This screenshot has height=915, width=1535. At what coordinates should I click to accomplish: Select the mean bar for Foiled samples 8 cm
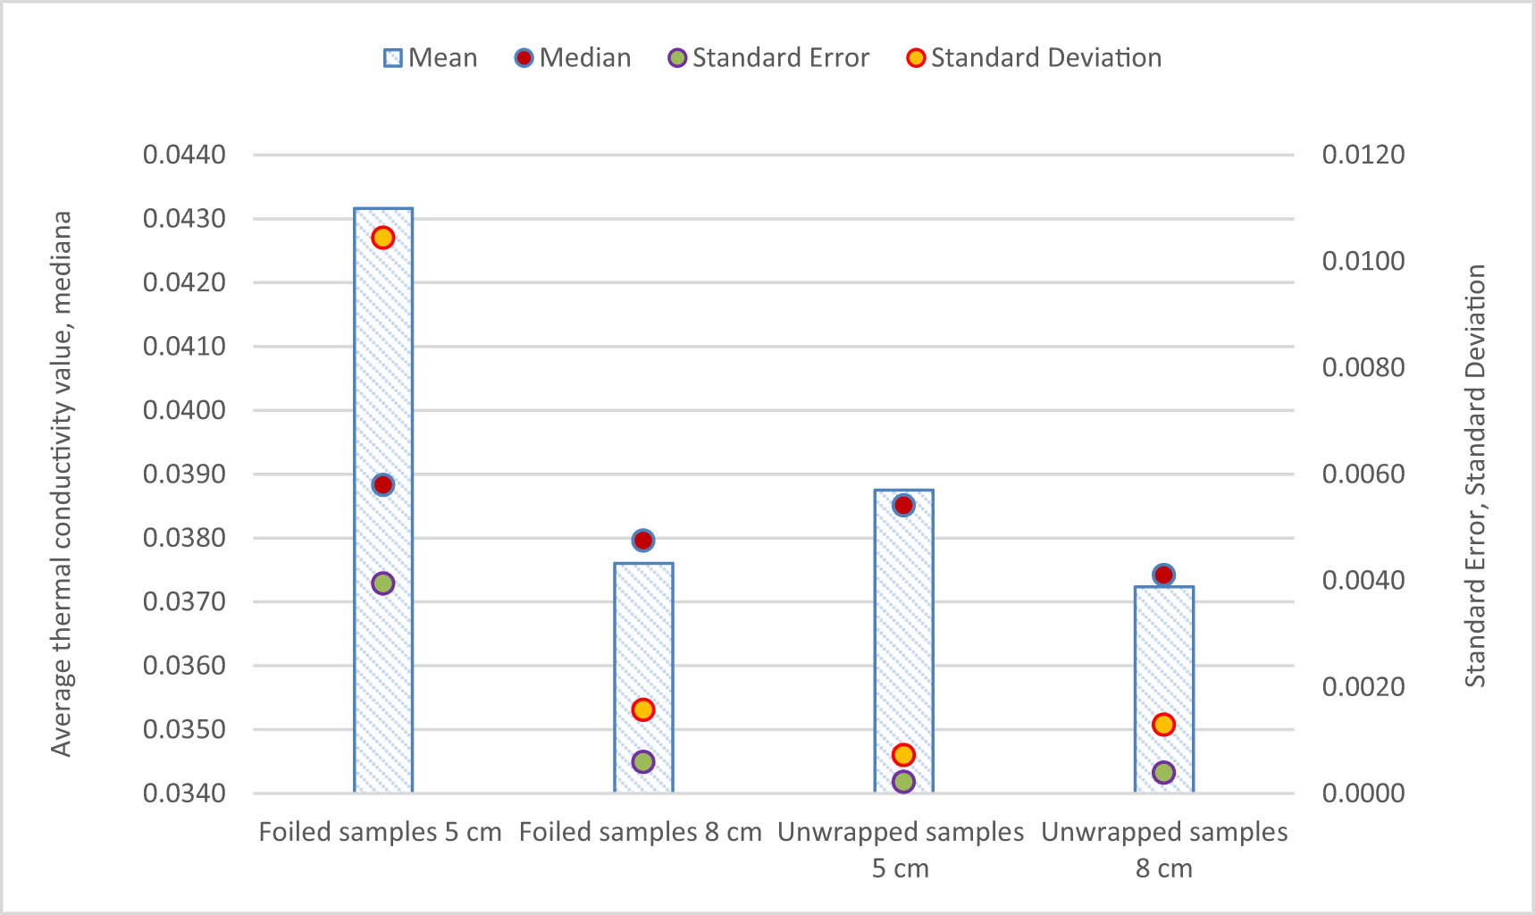click(x=643, y=643)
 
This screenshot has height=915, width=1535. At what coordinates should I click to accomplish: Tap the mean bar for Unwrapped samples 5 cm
click(x=903, y=625)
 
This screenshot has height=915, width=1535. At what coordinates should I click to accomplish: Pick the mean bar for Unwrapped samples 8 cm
click(x=1163, y=661)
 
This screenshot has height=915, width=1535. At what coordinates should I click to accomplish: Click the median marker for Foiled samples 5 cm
click(x=383, y=485)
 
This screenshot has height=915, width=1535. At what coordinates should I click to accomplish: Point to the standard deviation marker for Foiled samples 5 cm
click(x=383, y=238)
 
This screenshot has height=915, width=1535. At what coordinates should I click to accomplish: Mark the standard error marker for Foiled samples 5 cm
click(x=383, y=583)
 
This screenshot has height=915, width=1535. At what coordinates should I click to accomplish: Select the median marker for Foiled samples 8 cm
click(x=643, y=541)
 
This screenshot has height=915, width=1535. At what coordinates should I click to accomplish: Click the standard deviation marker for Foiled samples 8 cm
click(x=643, y=710)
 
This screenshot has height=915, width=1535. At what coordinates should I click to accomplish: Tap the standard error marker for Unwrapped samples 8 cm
click(x=1163, y=773)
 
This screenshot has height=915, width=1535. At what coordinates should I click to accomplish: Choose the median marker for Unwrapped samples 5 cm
click(x=903, y=506)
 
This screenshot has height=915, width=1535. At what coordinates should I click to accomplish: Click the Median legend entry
click(x=574, y=58)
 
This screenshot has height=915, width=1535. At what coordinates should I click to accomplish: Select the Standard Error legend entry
click(x=768, y=58)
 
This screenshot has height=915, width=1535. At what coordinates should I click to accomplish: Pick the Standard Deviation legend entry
click(x=1034, y=58)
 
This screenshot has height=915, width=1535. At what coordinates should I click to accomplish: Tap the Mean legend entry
click(x=431, y=58)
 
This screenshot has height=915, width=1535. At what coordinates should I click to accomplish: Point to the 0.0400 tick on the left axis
click(x=184, y=410)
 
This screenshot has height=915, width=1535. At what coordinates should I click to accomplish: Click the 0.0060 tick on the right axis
click(x=1363, y=474)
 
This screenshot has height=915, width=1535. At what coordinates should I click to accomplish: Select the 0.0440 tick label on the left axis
click(x=184, y=155)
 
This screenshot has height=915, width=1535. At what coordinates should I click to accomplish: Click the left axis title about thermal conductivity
click(x=61, y=483)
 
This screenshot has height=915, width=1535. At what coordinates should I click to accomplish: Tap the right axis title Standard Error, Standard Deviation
click(x=1475, y=474)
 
